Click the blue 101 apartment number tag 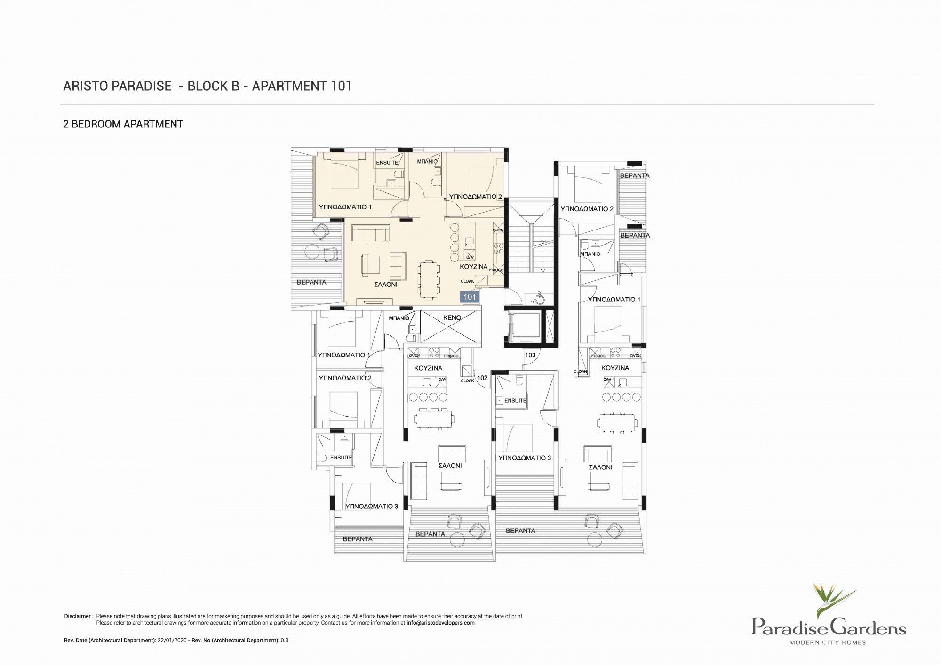(470, 297)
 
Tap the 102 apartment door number (482, 378)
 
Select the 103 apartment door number (530, 355)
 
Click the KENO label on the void (452, 318)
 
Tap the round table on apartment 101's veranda (312, 252)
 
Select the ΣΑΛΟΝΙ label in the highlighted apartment (385, 285)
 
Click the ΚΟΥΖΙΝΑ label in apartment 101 (474, 267)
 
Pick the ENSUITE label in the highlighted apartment (387, 163)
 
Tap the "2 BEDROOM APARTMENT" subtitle (123, 124)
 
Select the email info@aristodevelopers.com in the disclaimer (440, 623)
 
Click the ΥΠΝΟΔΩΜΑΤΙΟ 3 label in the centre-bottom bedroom (525, 458)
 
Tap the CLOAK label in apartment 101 (467, 281)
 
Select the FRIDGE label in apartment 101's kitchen (496, 270)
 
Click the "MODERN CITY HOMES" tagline (828, 642)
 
